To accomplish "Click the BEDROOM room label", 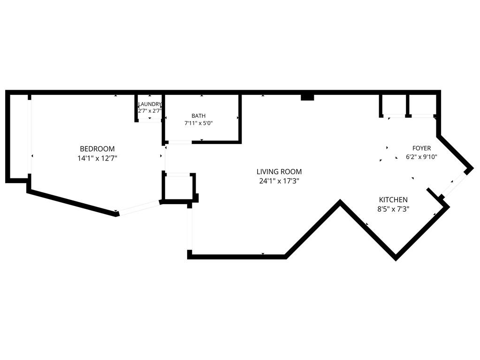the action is click(97, 149).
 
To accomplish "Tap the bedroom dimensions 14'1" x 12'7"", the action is click(97, 158).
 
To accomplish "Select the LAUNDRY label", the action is click(150, 104).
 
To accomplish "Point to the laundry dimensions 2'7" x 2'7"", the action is click(150, 110).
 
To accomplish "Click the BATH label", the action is click(198, 116).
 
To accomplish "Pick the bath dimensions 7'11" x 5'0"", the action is click(198, 123).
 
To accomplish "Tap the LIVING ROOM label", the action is click(279, 171).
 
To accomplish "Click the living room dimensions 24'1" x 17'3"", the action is click(279, 181).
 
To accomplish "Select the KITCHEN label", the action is click(393, 199).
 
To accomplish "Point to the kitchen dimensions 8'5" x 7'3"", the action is click(393, 209).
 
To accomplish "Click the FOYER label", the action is click(421, 148).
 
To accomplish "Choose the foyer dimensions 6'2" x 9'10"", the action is click(421, 157).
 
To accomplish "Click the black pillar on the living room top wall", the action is click(307, 97).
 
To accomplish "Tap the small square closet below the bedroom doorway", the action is click(178, 187).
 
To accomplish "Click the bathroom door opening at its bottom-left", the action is click(180, 142).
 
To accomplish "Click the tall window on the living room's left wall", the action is click(190, 229).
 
